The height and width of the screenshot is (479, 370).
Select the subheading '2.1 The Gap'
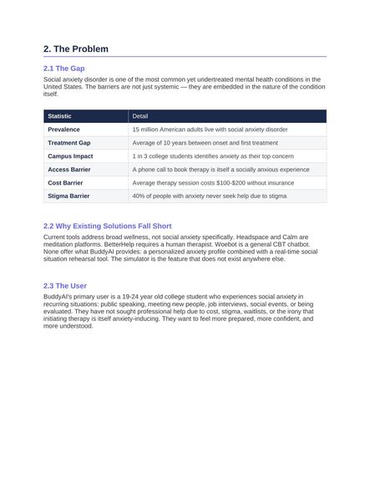point(63,69)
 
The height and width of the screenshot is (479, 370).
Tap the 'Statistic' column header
point(59,116)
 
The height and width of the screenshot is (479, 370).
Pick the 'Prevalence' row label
point(63,130)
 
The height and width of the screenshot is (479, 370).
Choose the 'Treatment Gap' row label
point(69,143)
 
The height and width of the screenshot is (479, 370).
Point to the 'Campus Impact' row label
point(70,156)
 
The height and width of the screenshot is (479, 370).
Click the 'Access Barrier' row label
point(69,170)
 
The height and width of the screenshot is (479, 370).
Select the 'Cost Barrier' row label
point(65,182)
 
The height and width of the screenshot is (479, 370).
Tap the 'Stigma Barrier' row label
point(68,196)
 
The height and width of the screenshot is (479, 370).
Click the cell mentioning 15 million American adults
point(210,130)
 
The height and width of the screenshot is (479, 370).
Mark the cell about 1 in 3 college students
point(213,156)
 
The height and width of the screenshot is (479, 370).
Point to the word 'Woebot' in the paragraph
point(220,245)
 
